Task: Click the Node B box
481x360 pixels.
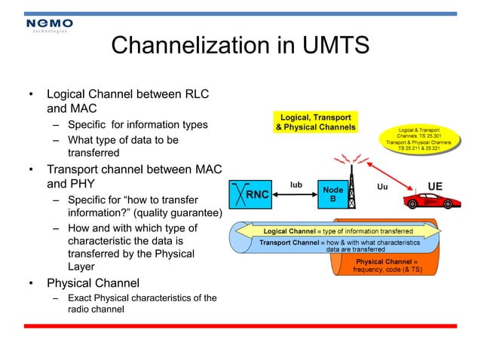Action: pyautogui.click(x=332, y=194)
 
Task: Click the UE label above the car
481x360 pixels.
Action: pyautogui.click(x=435, y=186)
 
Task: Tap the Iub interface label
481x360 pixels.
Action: pyautogui.click(x=296, y=183)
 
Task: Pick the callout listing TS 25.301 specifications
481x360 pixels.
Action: pyautogui.click(x=418, y=139)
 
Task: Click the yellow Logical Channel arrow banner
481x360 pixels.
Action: pyautogui.click(x=337, y=230)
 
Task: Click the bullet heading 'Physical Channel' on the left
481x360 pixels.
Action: pyautogui.click(x=93, y=283)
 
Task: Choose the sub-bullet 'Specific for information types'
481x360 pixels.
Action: pyautogui.click(x=137, y=124)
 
